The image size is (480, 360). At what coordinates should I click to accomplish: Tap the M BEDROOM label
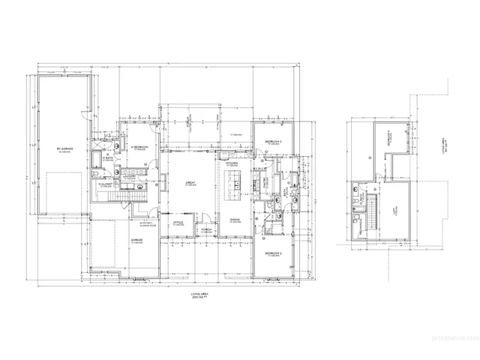click(139, 146)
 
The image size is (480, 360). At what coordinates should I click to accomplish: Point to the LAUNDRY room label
click(129, 178)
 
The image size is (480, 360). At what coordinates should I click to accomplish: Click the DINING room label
click(235, 221)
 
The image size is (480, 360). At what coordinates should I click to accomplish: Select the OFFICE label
click(179, 223)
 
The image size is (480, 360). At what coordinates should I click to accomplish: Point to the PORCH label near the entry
click(205, 232)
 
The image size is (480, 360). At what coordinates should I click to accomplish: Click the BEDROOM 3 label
click(274, 141)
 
